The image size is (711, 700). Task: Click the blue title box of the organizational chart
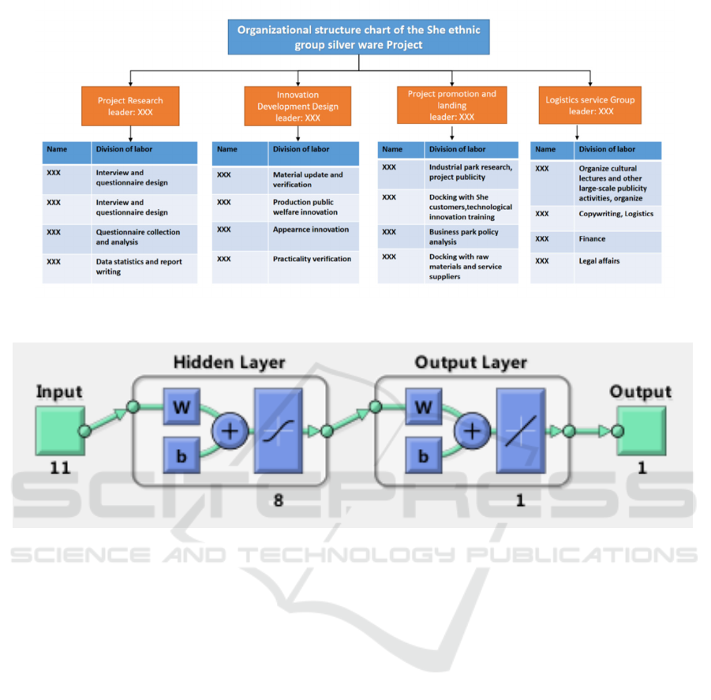[359, 38]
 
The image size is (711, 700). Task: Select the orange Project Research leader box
[130, 106]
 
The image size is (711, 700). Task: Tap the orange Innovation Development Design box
[297, 107]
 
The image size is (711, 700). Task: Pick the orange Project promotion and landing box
[451, 105]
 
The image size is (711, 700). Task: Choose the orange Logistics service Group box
[589, 106]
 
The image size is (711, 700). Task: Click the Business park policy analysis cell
[471, 237]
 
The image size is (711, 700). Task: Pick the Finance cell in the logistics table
[617, 239]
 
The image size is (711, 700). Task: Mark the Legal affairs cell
[617, 261]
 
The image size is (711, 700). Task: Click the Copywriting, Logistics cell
[617, 214]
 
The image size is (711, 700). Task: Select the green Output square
[642, 431]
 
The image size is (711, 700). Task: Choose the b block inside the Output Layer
[424, 456]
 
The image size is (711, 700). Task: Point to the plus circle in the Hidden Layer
[231, 431]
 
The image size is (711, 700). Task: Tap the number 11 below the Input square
[60, 468]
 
